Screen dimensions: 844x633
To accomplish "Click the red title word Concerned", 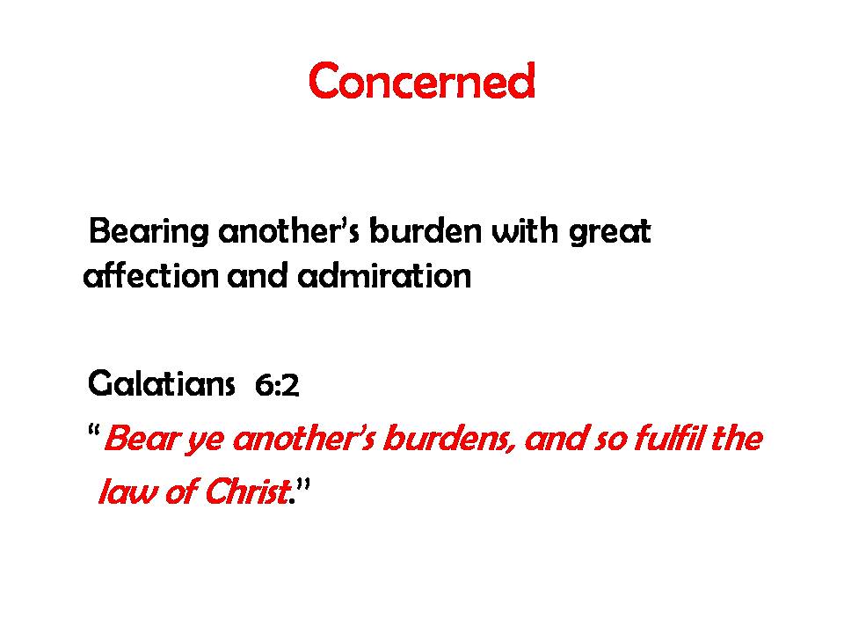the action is point(422,80).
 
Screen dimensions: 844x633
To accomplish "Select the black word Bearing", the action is point(149,232).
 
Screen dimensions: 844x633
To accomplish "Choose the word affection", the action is point(150,275).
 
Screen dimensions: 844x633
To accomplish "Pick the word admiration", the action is point(384,275).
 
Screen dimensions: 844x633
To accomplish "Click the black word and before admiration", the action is point(258,275).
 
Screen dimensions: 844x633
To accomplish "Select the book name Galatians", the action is point(161,383).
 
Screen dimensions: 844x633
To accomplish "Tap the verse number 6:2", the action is point(277,385).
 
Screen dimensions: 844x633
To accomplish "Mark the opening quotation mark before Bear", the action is point(94,431).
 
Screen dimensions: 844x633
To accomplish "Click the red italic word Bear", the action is point(141,438).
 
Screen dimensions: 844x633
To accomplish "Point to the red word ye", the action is point(205,441).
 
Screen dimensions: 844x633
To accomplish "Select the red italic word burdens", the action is point(447,439).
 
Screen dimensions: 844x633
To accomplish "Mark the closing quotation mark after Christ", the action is point(303,484).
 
